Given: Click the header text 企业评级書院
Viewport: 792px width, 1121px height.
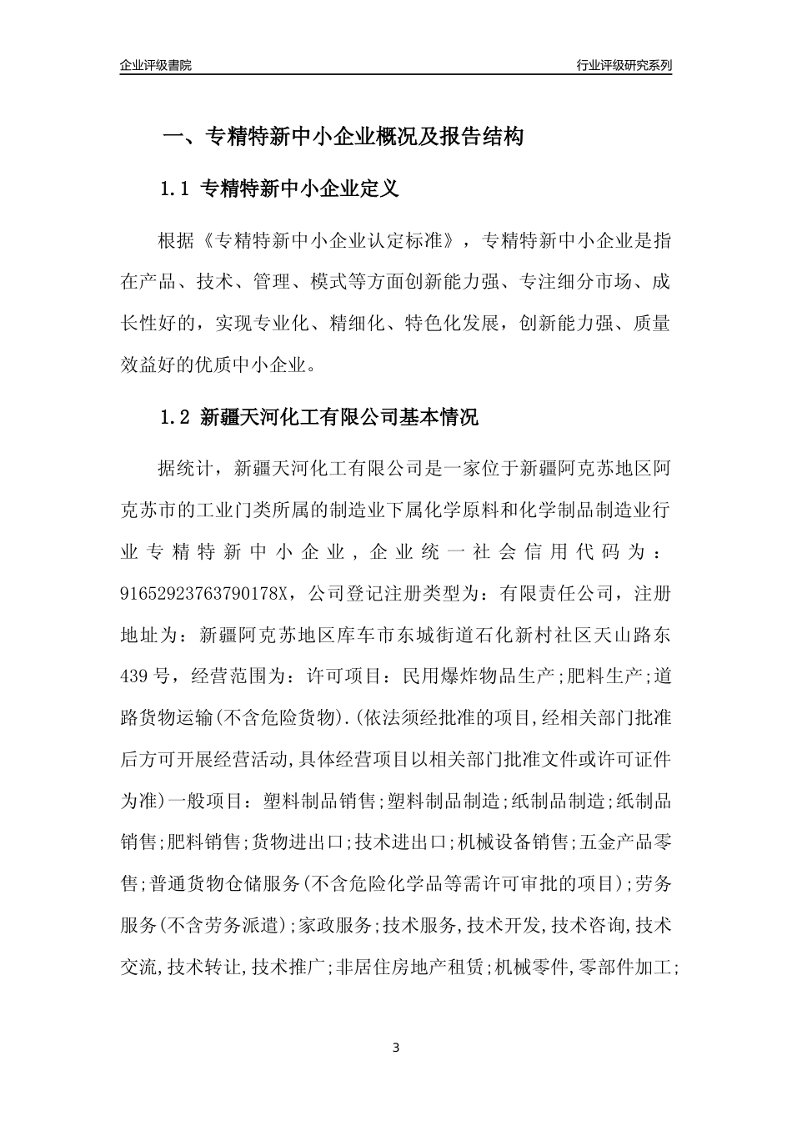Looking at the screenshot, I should pyautogui.click(x=156, y=65).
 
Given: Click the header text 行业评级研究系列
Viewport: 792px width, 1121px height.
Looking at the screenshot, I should pyautogui.click(x=624, y=65).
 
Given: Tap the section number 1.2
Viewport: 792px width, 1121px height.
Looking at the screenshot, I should pyautogui.click(x=176, y=417).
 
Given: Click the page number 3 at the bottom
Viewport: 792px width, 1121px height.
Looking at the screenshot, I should pyautogui.click(x=396, y=1047).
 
